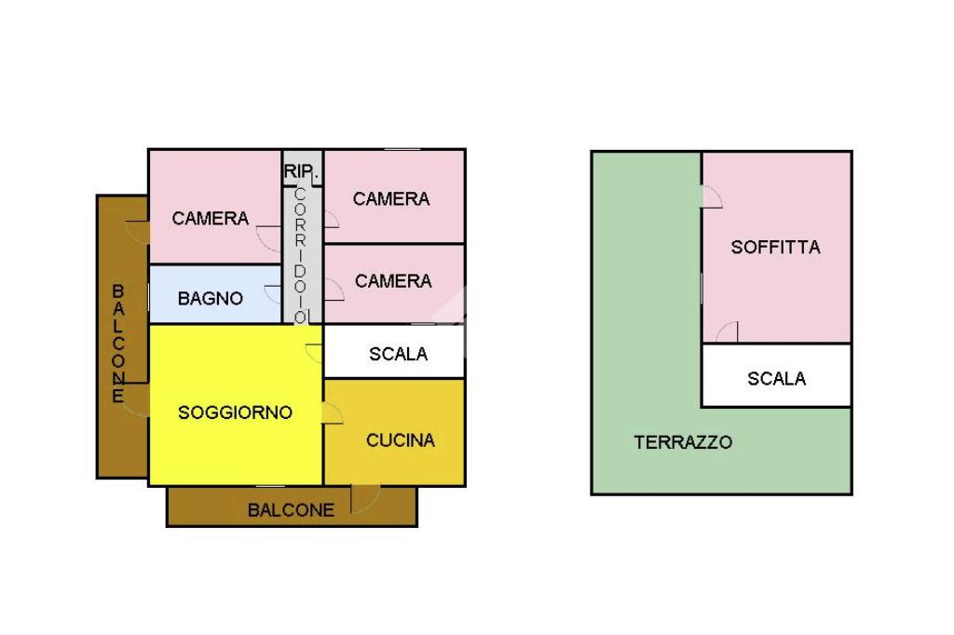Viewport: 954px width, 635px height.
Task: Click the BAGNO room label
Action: [211, 299]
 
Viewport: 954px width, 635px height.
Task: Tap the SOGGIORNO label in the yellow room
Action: [235, 412]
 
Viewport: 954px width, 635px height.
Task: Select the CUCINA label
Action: [401, 440]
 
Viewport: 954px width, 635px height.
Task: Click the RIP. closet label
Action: [302, 172]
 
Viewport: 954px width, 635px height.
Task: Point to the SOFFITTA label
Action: [775, 248]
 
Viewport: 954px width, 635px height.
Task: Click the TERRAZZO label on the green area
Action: [683, 442]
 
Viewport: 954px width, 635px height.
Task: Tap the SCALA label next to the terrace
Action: [776, 379]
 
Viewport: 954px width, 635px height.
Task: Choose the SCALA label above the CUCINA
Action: [398, 354]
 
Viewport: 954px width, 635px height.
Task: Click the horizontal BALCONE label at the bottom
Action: [291, 510]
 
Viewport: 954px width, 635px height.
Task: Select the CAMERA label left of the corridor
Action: [211, 219]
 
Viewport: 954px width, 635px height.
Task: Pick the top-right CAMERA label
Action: [391, 198]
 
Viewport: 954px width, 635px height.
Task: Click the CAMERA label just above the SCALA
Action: [393, 281]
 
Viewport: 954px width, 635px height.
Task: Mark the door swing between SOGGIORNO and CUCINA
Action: [332, 413]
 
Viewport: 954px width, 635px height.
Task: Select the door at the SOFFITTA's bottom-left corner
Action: [728, 332]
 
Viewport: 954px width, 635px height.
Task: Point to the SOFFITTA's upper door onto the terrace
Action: [712, 196]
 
